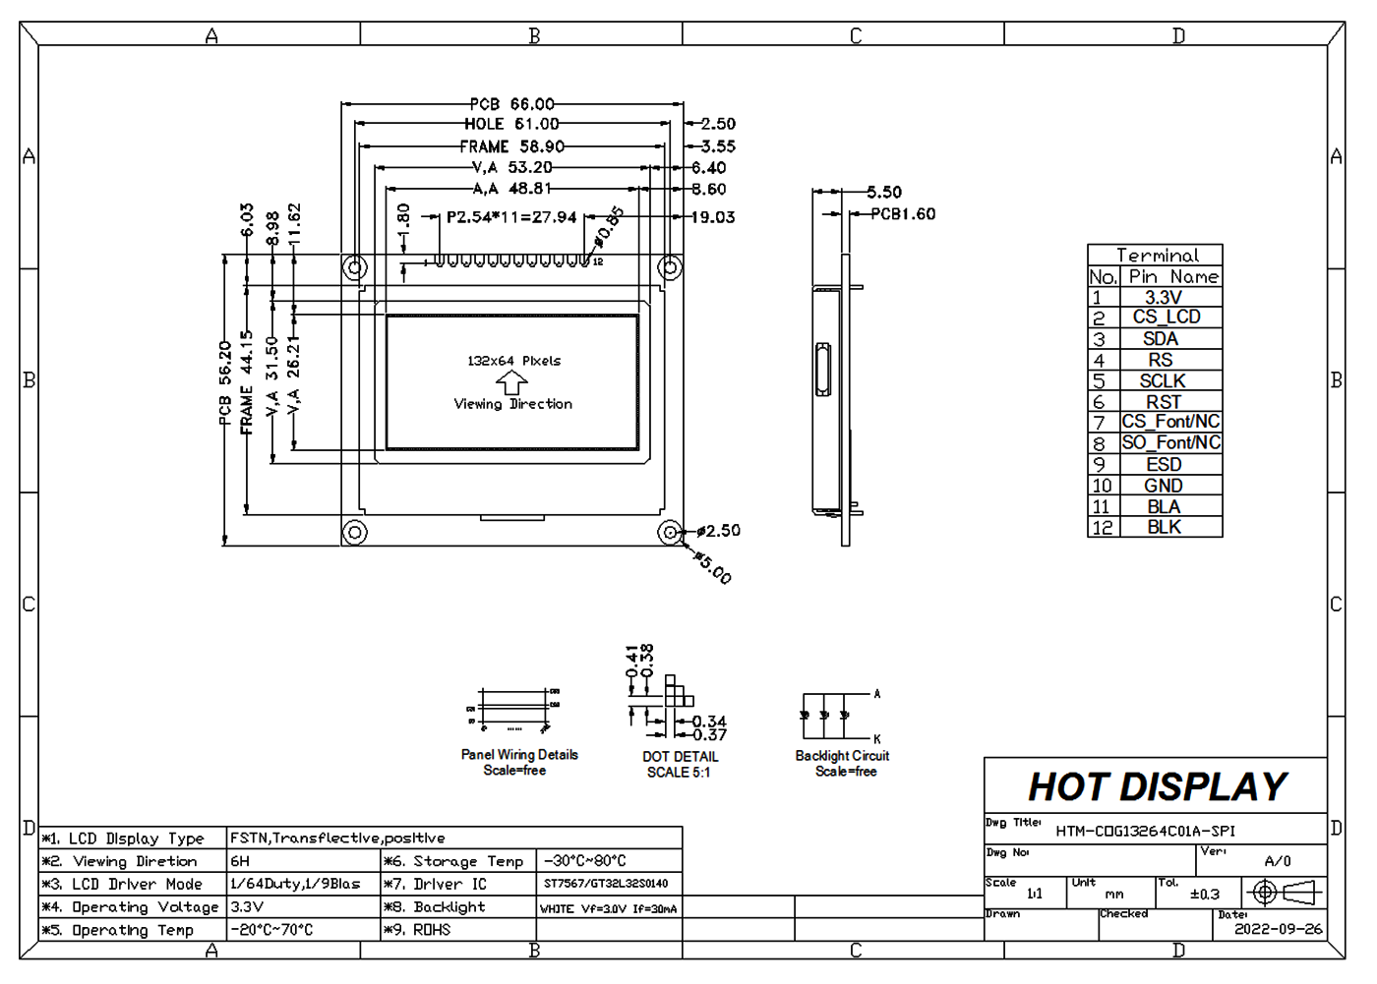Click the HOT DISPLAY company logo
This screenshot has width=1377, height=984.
(x=1157, y=786)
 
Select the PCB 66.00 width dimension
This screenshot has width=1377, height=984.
(x=511, y=104)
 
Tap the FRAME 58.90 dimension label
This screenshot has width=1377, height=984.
(x=511, y=146)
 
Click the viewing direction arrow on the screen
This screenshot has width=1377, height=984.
(x=511, y=383)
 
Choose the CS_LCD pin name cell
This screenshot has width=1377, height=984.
(x=1167, y=317)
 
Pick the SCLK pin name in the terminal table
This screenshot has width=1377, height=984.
(x=1163, y=380)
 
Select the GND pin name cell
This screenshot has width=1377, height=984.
(x=1163, y=486)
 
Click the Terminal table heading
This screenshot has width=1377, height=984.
(x=1157, y=255)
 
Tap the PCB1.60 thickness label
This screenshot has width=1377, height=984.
(x=903, y=213)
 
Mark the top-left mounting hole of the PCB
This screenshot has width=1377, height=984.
(x=355, y=267)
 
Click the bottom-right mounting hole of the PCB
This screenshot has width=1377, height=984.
(x=670, y=532)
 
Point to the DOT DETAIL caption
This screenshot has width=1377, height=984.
(x=680, y=757)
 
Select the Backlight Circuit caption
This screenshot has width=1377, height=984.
(x=842, y=756)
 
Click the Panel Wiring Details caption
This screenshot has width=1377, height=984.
(x=519, y=755)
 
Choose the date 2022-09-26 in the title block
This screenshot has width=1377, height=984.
(x=1278, y=929)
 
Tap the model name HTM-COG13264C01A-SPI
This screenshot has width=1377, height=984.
(x=1145, y=831)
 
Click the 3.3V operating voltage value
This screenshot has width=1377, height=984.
(x=247, y=907)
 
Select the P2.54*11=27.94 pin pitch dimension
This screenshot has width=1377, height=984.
(x=511, y=217)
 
